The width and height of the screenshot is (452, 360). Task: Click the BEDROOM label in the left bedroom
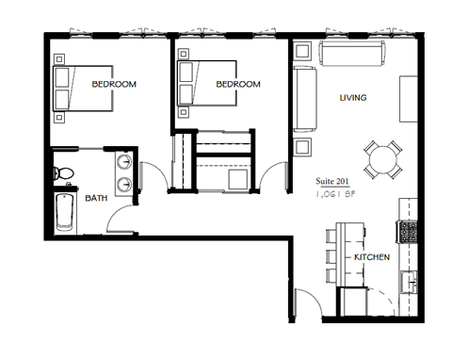[114, 85]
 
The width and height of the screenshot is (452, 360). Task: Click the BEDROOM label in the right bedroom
[238, 85]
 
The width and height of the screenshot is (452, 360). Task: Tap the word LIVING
[352, 98]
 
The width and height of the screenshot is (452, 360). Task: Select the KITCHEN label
[372, 257]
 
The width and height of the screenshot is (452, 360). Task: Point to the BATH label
[96, 199]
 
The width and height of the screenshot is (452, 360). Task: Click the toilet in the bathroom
[64, 173]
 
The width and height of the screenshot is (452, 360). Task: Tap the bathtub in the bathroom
[64, 213]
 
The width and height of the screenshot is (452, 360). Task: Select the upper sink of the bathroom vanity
[124, 162]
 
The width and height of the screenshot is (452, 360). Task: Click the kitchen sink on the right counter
[409, 280]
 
